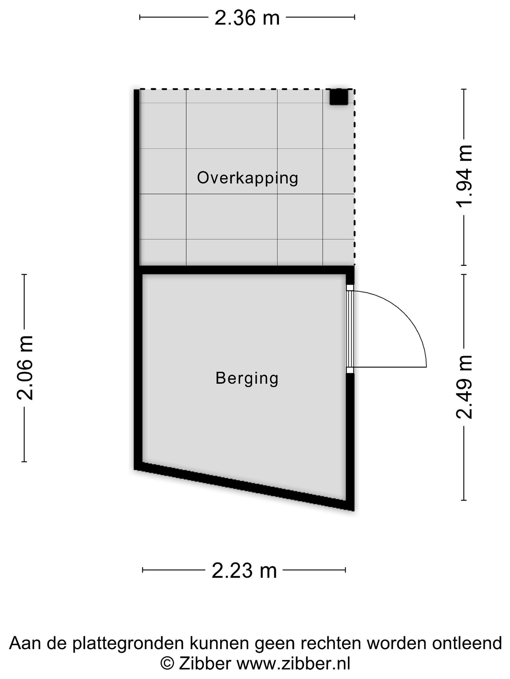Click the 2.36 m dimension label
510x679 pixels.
click(247, 18)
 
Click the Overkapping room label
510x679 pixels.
click(247, 178)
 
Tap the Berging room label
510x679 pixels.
click(247, 378)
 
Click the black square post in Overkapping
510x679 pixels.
click(339, 97)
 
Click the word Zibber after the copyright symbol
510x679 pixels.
click(205, 664)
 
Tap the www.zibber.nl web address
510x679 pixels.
click(293, 664)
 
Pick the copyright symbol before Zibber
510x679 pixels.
click(167, 664)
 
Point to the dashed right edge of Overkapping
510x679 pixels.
click(354, 177)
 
